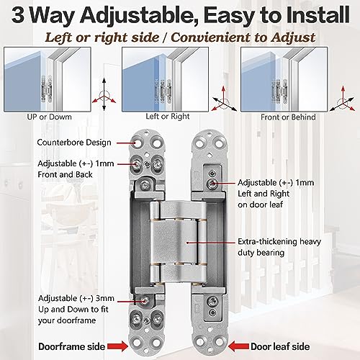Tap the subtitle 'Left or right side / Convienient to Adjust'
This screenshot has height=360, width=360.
click(180, 35)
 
